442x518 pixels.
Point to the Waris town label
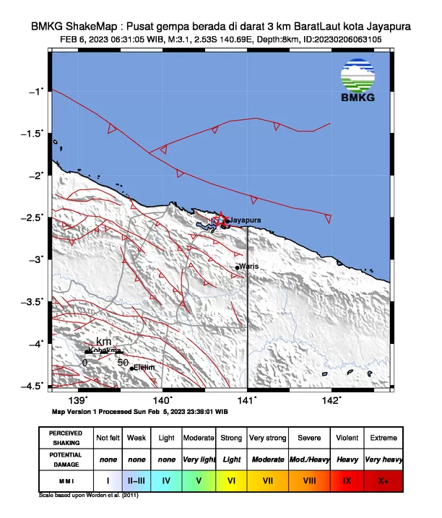click(x=249, y=267)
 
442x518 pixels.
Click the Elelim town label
click(x=146, y=368)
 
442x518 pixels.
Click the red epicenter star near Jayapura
click(x=221, y=220)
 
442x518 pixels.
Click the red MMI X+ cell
click(x=383, y=480)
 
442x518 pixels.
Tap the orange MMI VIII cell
click(x=310, y=480)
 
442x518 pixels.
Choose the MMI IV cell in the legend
click(x=167, y=480)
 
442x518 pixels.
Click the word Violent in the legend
click(x=347, y=438)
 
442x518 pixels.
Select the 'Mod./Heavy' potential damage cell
click(x=310, y=459)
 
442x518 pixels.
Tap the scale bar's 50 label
click(x=123, y=362)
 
